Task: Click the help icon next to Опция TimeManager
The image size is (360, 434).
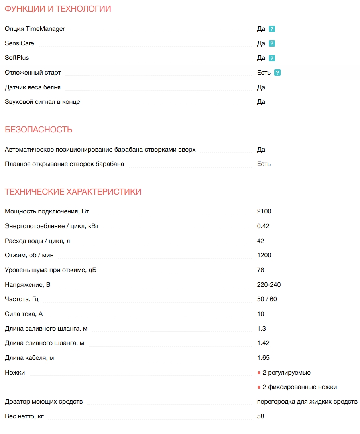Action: pyautogui.click(x=272, y=29)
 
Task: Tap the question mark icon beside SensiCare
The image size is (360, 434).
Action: pyautogui.click(x=272, y=43)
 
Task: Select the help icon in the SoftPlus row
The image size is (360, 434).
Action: pyautogui.click(x=272, y=58)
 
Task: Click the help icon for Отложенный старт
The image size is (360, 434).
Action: pyautogui.click(x=277, y=73)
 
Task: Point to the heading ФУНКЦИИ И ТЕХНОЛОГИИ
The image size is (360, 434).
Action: pyautogui.click(x=58, y=9)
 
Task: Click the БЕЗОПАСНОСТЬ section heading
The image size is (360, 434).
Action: pyautogui.click(x=38, y=130)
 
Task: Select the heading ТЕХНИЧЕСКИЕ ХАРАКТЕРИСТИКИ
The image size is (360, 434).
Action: pyautogui.click(x=73, y=192)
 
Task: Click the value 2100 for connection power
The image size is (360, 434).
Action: pyautogui.click(x=264, y=211)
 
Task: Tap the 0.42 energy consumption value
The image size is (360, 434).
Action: pyautogui.click(x=263, y=226)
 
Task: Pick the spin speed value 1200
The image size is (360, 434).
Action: pyautogui.click(x=264, y=255)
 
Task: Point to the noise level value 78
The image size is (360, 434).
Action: pyautogui.click(x=261, y=270)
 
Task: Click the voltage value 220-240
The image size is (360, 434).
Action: pyautogui.click(x=269, y=285)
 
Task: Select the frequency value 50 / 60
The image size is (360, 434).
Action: pyautogui.click(x=267, y=299)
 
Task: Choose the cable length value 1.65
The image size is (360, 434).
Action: pyautogui.click(x=263, y=358)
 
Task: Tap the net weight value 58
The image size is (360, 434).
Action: pyautogui.click(x=261, y=416)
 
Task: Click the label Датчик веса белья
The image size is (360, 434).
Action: pyautogui.click(x=33, y=87)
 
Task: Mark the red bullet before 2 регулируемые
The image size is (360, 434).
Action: pyautogui.click(x=259, y=373)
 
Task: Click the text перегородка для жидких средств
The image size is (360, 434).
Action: pyautogui.click(x=307, y=402)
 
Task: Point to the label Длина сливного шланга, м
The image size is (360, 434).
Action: pyautogui.click(x=44, y=343)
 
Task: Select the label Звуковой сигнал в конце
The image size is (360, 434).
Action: pyautogui.click(x=42, y=102)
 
